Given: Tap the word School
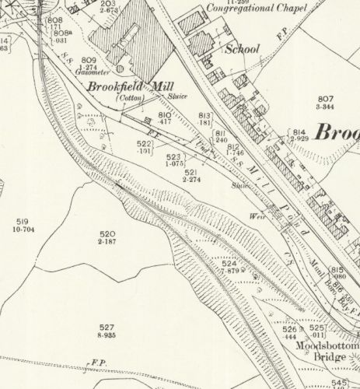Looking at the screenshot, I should [x=242, y=48].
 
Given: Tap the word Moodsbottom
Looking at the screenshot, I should [x=334, y=345].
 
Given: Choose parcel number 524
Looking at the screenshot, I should [x=227, y=263].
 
